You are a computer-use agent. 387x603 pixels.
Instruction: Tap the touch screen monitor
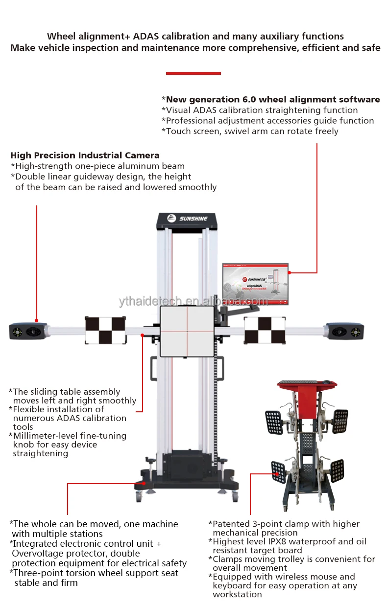pos(255,285)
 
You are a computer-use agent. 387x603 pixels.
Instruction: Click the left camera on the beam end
pos(27,331)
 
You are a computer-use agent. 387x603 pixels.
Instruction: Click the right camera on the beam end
pos(345,331)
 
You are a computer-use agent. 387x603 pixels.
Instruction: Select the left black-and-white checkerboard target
pos(105,330)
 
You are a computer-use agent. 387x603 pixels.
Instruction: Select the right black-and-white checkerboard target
pos(265,330)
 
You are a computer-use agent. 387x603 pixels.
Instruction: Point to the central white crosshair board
pos(187,331)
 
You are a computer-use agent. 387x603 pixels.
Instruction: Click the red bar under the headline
pos(193,73)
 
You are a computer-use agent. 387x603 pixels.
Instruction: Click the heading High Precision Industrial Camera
pos(85,156)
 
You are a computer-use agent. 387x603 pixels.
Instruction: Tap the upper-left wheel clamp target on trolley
pos(274,422)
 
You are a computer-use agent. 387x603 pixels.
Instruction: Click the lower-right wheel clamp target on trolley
pos(337,470)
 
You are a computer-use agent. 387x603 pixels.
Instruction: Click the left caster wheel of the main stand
pos(139,497)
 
